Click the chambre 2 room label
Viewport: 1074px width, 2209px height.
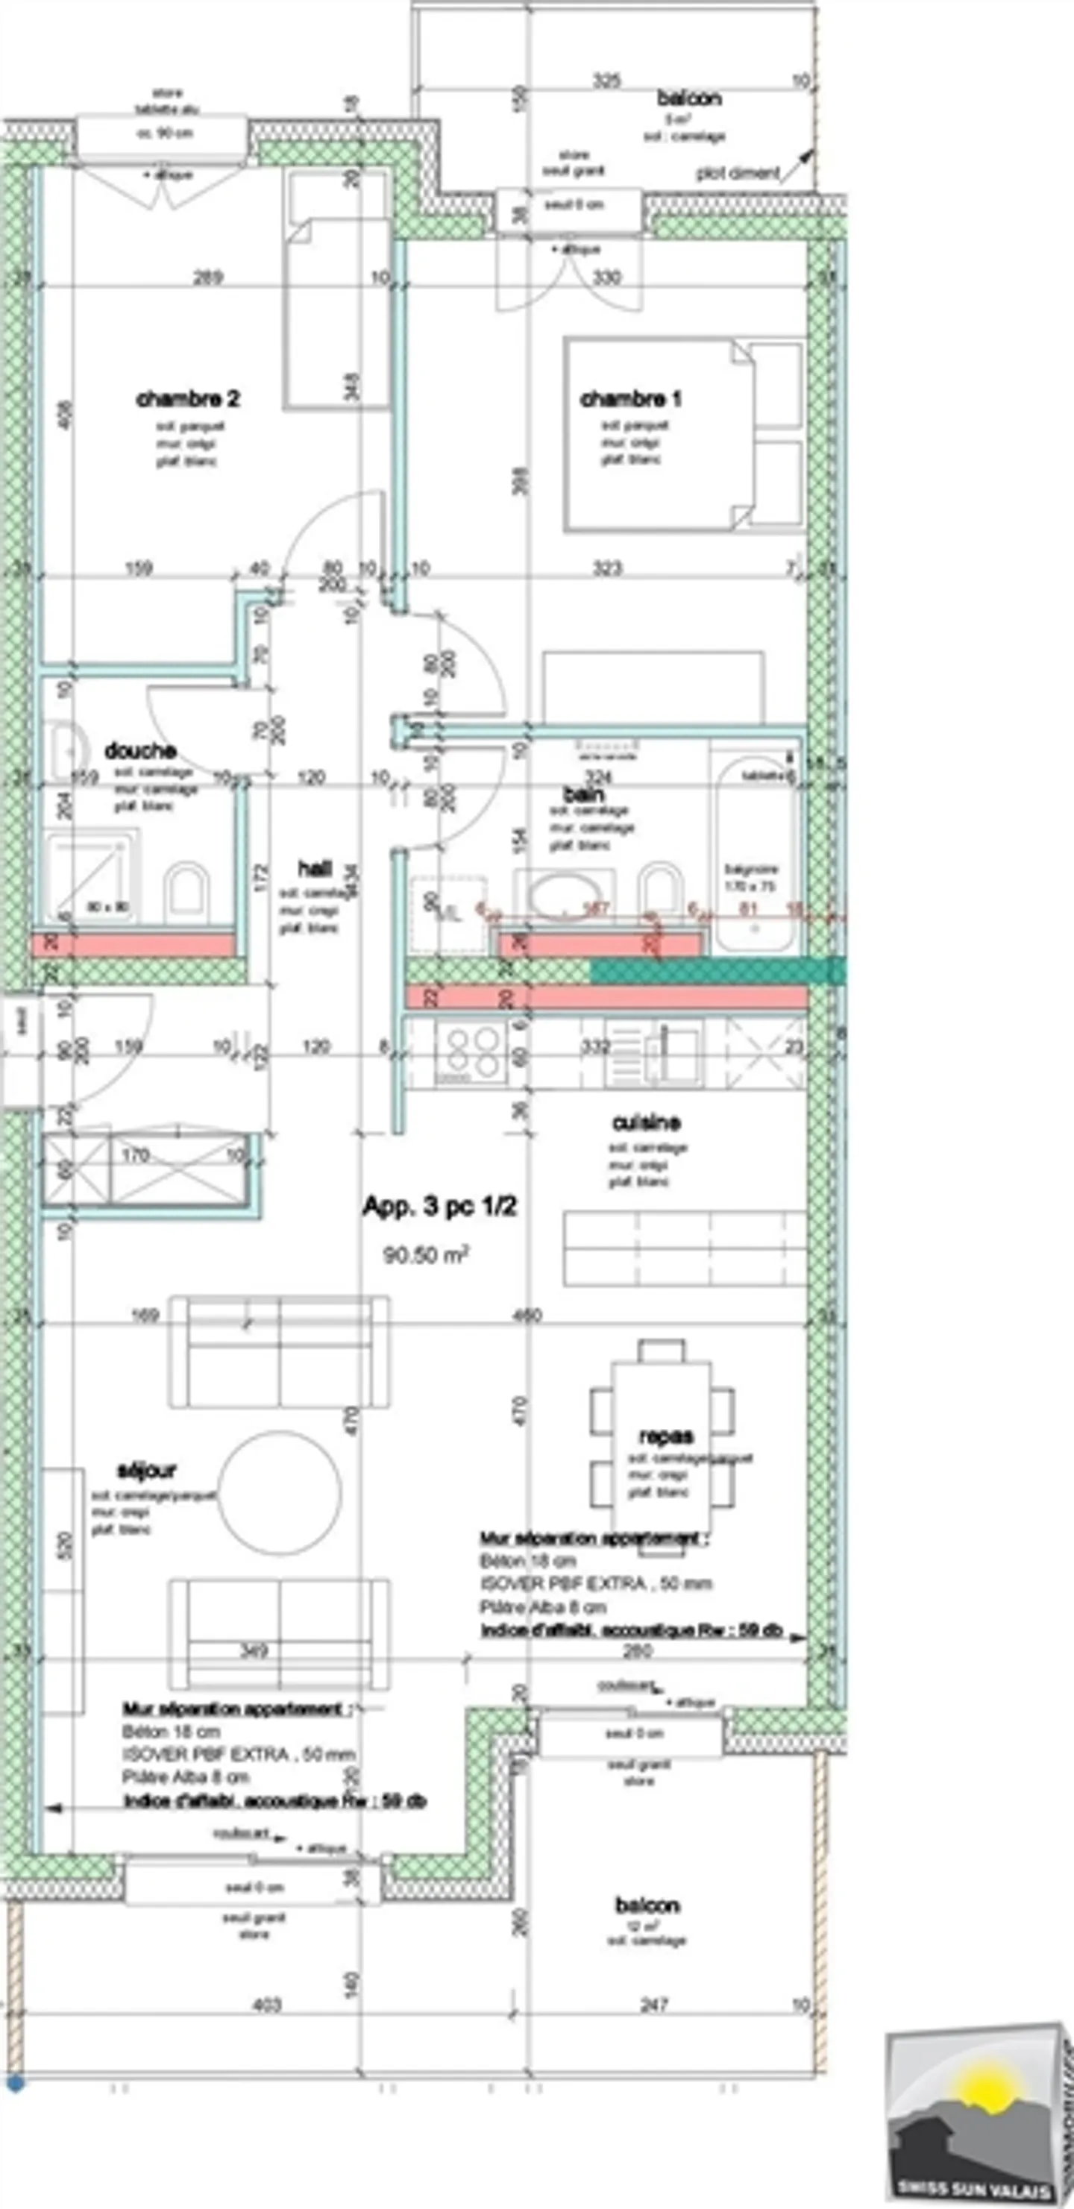(x=188, y=399)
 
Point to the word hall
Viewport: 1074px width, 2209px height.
(x=314, y=869)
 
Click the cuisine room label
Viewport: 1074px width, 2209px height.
(x=646, y=1122)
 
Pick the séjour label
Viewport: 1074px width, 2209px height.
(x=146, y=1470)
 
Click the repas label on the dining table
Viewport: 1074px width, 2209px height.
(x=666, y=1436)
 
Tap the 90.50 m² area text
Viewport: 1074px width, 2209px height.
(x=425, y=1255)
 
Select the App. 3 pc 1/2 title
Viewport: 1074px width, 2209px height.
(x=439, y=1207)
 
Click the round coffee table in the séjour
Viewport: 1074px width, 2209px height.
(x=279, y=1493)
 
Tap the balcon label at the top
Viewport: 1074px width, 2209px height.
(x=689, y=98)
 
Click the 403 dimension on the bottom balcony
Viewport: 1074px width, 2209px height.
(x=267, y=2005)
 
